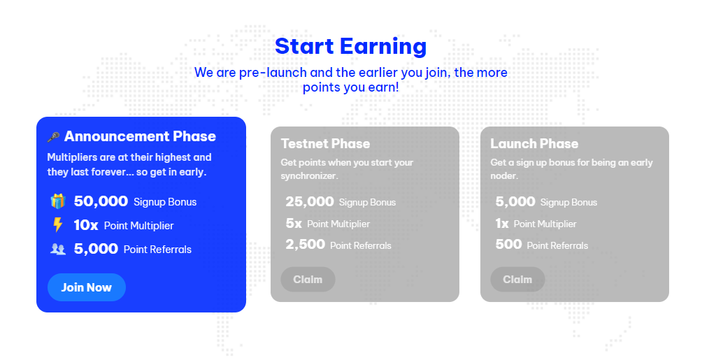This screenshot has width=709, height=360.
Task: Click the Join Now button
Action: click(x=87, y=287)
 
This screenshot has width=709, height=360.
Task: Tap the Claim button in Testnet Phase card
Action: click(x=308, y=280)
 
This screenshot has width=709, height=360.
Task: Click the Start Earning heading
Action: click(x=351, y=46)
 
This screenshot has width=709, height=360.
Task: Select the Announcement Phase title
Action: click(x=140, y=136)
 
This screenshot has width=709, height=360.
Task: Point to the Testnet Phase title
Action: click(x=326, y=143)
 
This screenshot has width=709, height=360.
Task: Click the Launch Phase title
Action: click(x=534, y=143)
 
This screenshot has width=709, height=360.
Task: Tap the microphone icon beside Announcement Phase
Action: click(x=53, y=136)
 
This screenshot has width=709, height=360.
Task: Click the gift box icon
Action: click(x=58, y=201)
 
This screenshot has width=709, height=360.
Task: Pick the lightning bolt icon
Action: click(x=57, y=225)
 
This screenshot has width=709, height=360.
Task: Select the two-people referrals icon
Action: click(x=58, y=249)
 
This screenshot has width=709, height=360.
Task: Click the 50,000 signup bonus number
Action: click(x=101, y=201)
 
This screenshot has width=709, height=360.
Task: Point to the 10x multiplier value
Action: click(x=86, y=225)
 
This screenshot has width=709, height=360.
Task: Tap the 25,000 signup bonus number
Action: click(x=310, y=202)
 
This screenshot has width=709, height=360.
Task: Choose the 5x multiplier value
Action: click(x=294, y=224)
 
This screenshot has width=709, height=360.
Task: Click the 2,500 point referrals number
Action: click(x=306, y=245)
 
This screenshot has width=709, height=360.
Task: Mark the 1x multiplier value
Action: click(x=502, y=224)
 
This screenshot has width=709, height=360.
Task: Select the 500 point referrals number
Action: click(x=509, y=245)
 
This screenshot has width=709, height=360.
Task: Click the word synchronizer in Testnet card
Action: click(x=309, y=176)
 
